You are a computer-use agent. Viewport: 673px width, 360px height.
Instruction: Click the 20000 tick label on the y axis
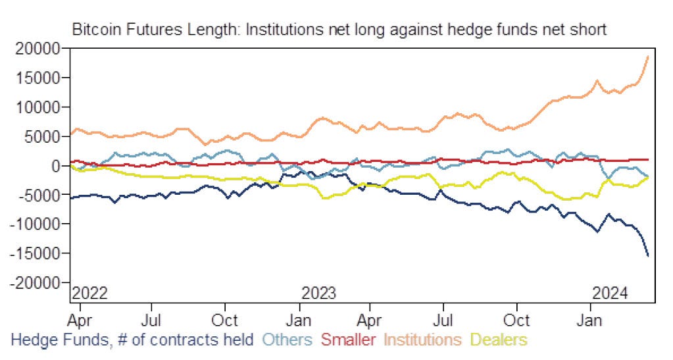40,49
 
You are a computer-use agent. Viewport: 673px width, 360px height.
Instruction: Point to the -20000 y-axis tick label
37,282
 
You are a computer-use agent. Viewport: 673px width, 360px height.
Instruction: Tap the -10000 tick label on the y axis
37,224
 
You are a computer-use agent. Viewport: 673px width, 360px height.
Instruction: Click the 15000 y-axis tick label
40,78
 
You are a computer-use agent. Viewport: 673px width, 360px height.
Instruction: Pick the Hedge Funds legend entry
132,340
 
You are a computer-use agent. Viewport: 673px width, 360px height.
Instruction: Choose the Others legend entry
287,340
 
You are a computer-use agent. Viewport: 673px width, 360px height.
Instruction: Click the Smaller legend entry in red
349,340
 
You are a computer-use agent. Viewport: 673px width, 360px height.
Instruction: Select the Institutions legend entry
422,340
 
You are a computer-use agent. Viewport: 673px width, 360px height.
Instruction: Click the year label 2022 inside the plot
89,292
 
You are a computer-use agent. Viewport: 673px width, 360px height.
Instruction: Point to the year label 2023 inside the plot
318,292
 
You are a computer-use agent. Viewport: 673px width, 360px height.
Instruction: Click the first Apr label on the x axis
80,321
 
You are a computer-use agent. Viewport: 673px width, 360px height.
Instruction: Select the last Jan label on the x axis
590,321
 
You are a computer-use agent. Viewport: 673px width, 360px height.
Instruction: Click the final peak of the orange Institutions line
648,57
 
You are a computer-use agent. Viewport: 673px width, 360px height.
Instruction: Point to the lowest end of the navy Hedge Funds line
648,256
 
